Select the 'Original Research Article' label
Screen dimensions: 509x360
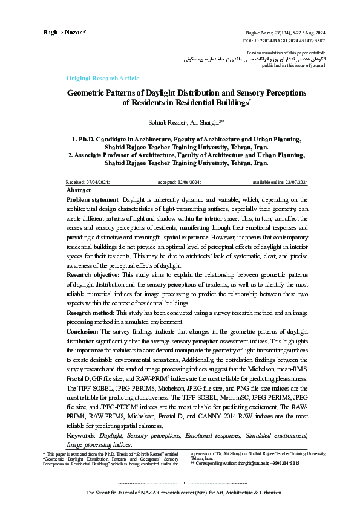[102, 79]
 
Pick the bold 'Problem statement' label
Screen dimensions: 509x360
[91, 199]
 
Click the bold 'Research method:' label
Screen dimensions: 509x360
[90, 313]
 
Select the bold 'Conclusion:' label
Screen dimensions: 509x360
[82, 331]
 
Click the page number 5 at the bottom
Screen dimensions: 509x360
[183, 482]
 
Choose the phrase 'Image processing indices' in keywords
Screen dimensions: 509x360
[99, 444]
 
